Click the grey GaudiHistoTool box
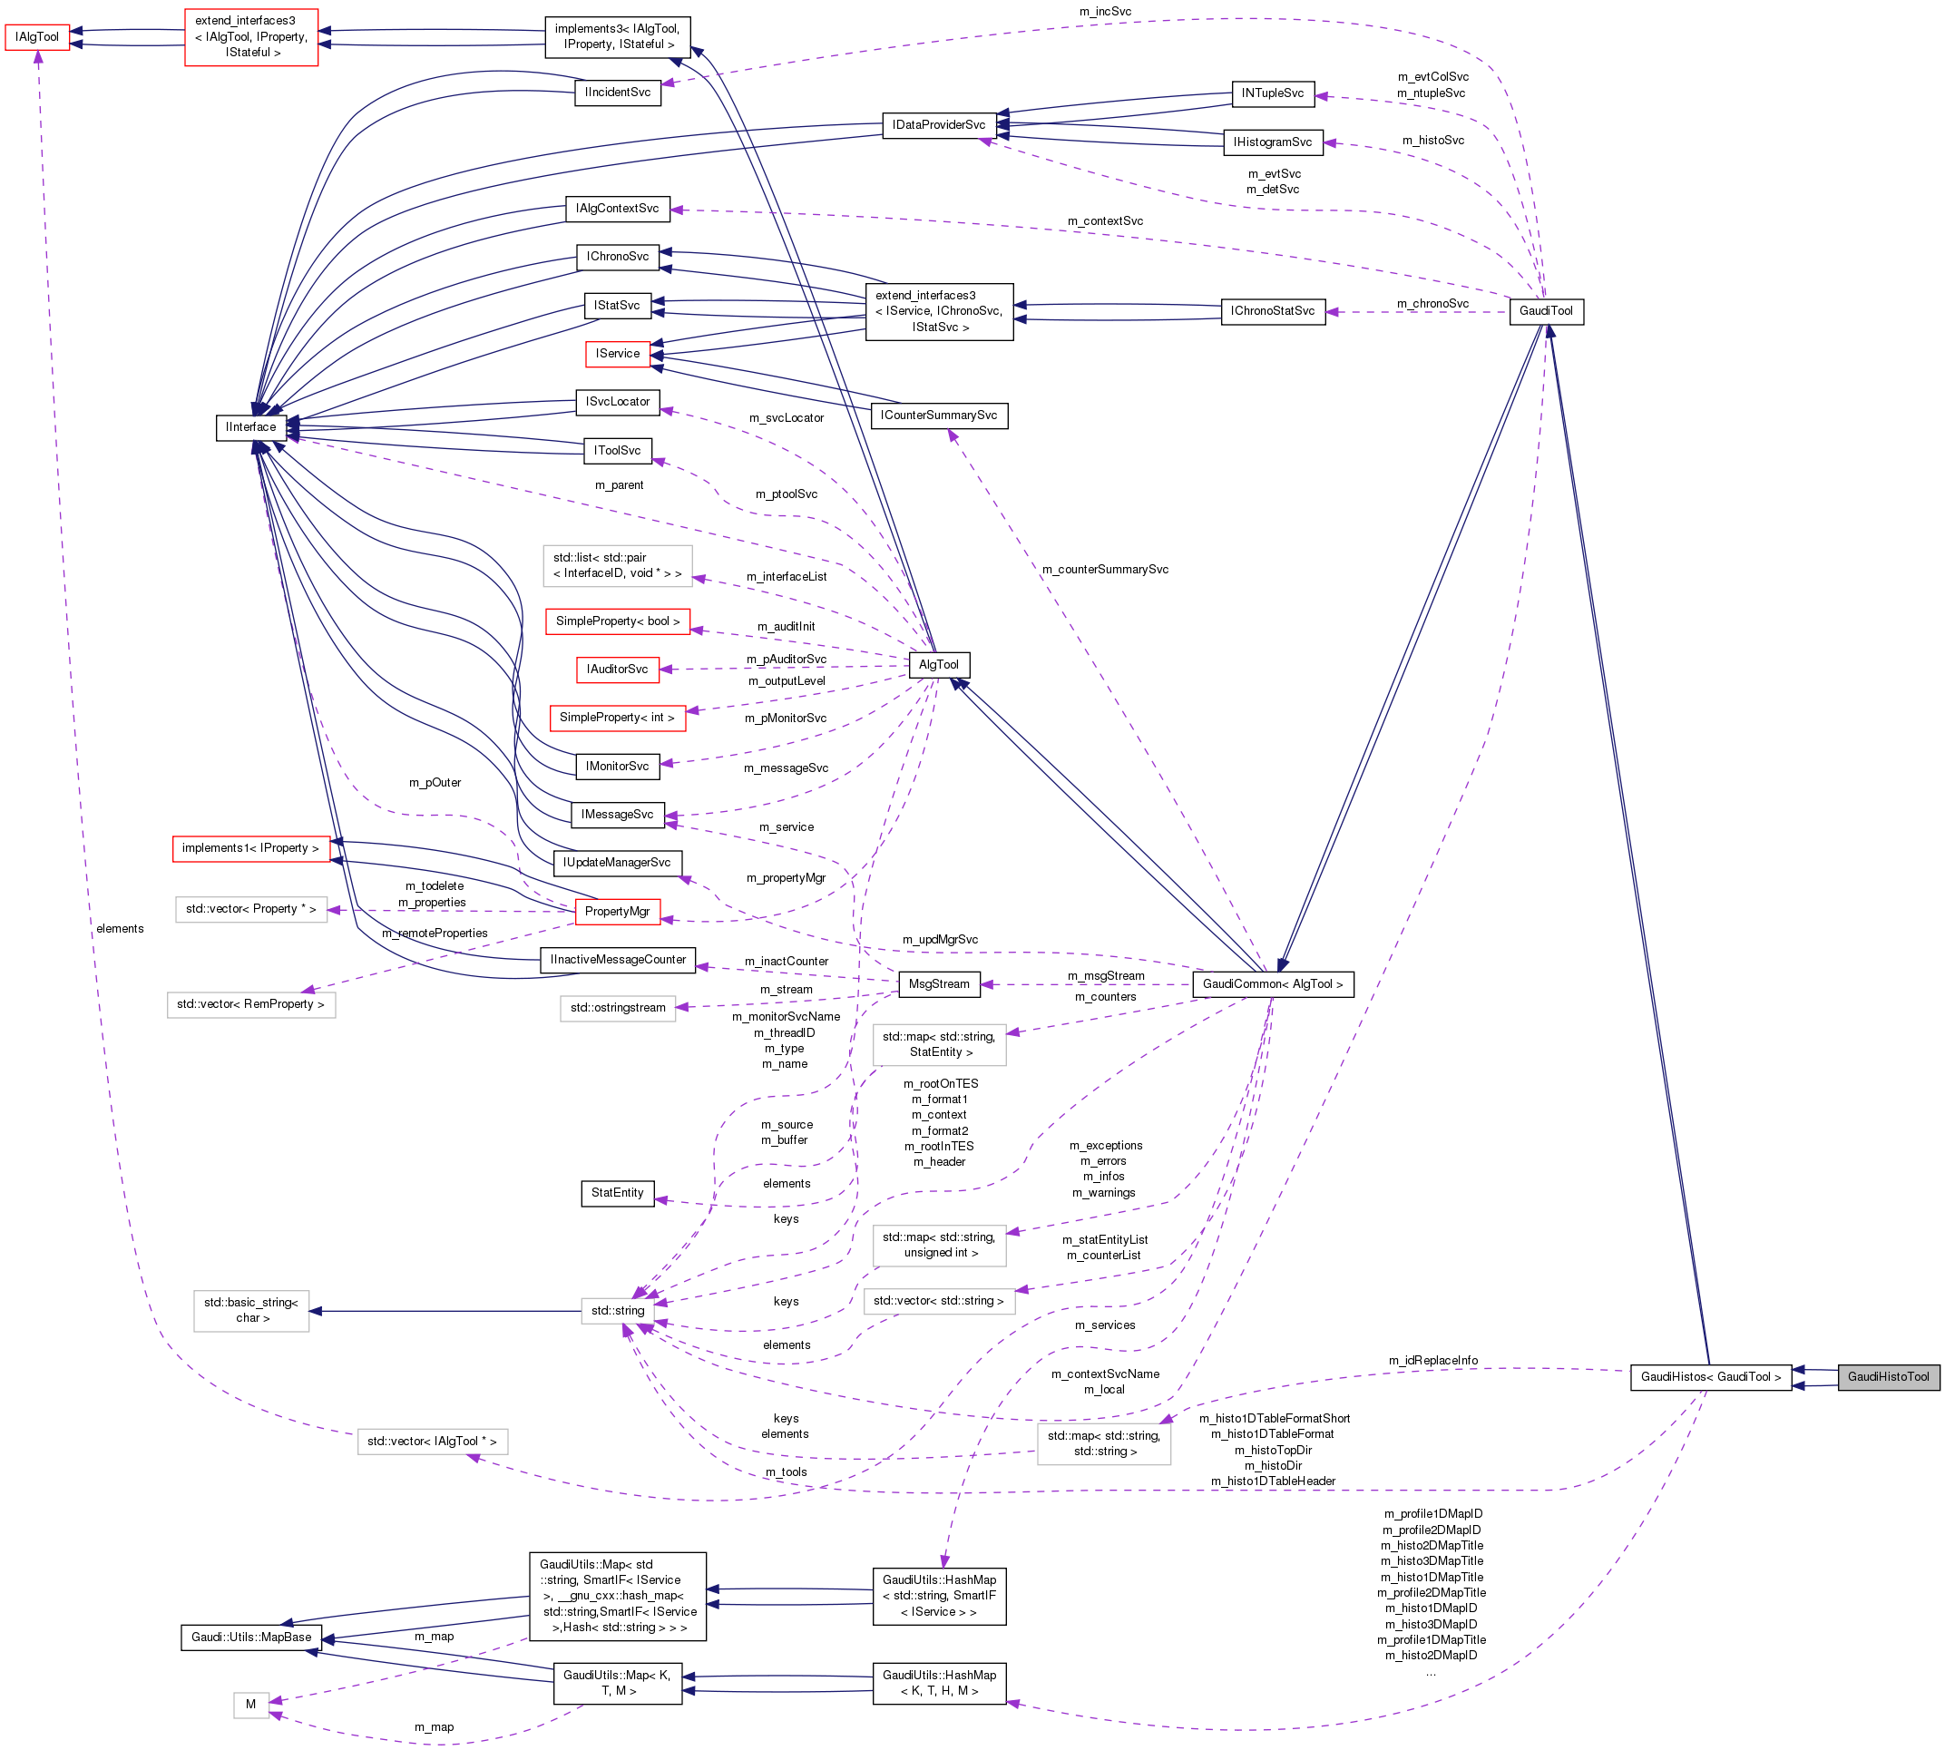coord(1887,1376)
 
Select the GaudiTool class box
coord(1545,310)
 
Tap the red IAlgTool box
coord(36,37)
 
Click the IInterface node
coord(250,427)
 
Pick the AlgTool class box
coord(938,664)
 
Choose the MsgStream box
coord(938,983)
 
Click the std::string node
coord(617,1310)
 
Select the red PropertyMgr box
coord(617,911)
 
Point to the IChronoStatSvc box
coord(1272,310)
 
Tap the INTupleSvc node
coord(1272,93)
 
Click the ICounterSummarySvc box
coord(938,416)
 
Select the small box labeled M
coord(250,1704)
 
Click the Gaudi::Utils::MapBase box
coord(251,1637)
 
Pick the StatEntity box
coord(617,1192)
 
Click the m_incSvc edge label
coord(1105,12)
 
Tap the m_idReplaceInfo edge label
coord(1432,1360)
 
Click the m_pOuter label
coord(435,783)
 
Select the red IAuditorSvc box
coord(617,670)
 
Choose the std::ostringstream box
coord(617,1008)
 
